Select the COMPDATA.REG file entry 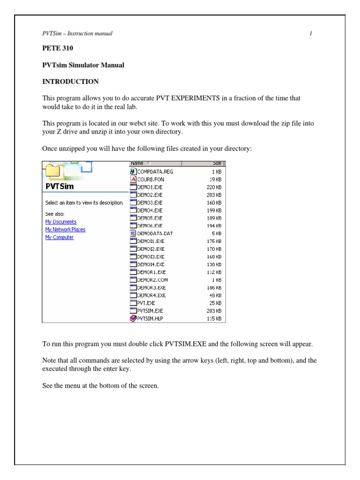click(155, 172)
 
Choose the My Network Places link click(65, 229)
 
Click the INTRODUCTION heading click(71, 81)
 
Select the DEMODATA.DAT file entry click(154, 233)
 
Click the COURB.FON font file click(150, 179)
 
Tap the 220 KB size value click(214, 187)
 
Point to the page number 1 click(311, 34)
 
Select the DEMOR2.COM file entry click(152, 280)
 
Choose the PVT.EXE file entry click(146, 303)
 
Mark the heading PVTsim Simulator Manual click(83, 65)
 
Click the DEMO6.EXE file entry click(150, 226)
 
